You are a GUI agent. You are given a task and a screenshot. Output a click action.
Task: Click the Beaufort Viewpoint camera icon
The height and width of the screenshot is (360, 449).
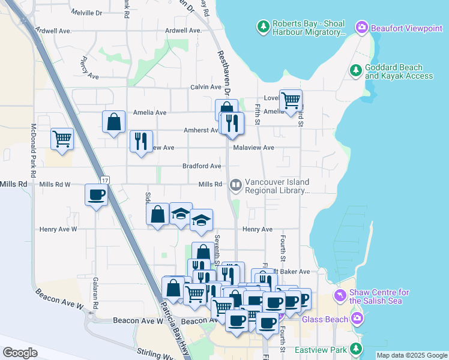(x=361, y=27)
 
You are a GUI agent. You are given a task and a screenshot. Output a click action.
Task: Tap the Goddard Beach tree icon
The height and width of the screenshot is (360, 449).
(x=355, y=71)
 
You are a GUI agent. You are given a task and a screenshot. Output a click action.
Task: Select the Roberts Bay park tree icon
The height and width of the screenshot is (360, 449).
(x=263, y=27)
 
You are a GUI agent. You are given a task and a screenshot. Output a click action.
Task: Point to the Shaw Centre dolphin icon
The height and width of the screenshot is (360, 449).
(x=340, y=296)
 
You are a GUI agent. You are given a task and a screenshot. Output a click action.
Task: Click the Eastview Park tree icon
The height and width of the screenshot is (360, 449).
(x=357, y=349)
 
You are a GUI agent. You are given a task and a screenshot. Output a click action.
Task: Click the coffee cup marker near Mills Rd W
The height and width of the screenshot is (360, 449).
(x=97, y=195)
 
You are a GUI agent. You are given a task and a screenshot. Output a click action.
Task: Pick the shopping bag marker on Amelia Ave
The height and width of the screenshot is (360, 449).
(x=113, y=122)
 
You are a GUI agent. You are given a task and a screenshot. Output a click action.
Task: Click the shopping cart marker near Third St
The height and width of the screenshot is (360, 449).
(x=291, y=100)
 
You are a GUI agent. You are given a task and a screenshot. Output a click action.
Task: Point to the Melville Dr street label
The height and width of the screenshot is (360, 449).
(x=87, y=12)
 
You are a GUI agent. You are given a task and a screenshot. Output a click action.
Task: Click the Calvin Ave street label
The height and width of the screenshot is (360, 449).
(x=206, y=87)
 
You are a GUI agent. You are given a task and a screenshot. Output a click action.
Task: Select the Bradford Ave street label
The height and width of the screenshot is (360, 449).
(x=202, y=166)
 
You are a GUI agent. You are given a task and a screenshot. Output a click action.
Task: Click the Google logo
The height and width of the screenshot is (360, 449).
(x=20, y=353)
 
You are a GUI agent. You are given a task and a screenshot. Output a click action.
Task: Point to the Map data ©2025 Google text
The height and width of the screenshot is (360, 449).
(x=411, y=355)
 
